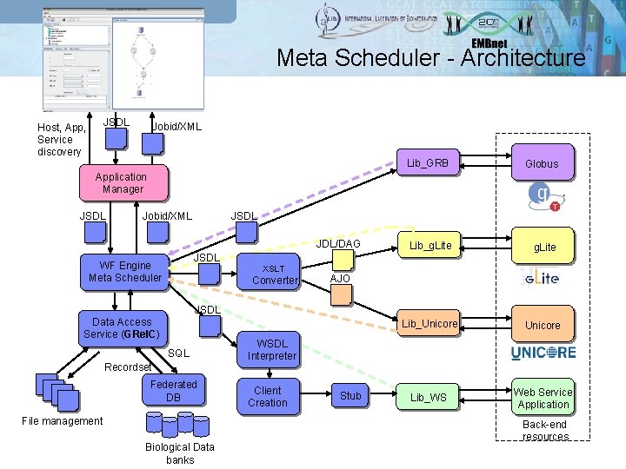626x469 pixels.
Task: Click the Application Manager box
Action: tap(122, 182)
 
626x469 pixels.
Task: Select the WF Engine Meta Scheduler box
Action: tap(125, 272)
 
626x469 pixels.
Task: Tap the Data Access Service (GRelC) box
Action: tap(122, 327)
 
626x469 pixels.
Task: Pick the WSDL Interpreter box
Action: tap(271, 349)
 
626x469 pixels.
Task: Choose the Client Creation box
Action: tap(267, 397)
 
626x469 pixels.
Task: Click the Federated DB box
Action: tap(173, 391)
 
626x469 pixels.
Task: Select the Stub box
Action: tap(350, 396)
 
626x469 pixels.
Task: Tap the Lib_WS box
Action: tap(429, 397)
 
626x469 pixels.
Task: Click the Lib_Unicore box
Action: tap(429, 324)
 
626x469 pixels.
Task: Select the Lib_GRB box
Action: tap(428, 163)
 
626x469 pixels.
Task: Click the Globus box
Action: tap(542, 163)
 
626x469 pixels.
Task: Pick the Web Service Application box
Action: tap(543, 398)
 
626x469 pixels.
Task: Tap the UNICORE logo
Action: tap(543, 353)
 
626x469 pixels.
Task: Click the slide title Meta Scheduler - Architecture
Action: tap(430, 58)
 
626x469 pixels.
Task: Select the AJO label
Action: tap(340, 278)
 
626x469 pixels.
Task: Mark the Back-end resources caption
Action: tap(545, 431)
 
